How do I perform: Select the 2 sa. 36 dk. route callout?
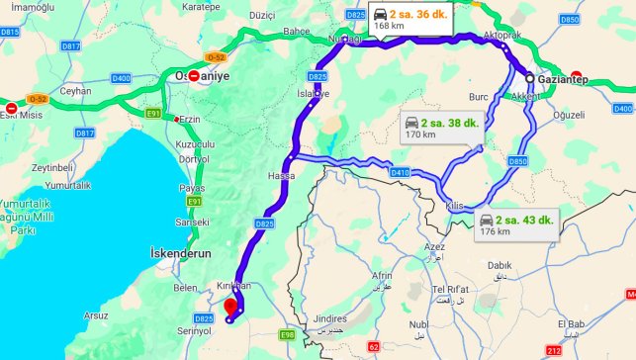pyautogui.click(x=409, y=20)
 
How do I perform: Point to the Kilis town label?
pyautogui.click(x=454, y=205)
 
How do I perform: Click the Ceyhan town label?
pyautogui.click(x=75, y=90)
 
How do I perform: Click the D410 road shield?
pyautogui.click(x=400, y=172)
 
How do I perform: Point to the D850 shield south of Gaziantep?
pyautogui.click(x=518, y=160)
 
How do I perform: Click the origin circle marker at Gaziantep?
pyautogui.click(x=530, y=78)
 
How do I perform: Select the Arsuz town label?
pyautogui.click(x=96, y=316)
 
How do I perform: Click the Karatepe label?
pyautogui.click(x=200, y=6)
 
